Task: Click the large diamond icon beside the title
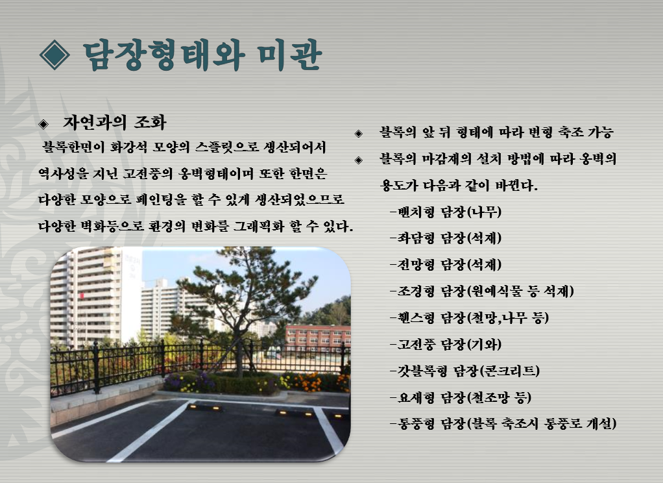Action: coord(54,55)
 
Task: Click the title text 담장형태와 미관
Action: coord(202,55)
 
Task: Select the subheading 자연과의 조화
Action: coord(115,122)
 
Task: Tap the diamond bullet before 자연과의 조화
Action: coord(43,123)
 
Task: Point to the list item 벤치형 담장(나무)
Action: coord(446,211)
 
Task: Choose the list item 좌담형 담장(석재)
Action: coord(446,238)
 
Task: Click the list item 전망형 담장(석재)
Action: coord(446,265)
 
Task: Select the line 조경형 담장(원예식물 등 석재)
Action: coord(482,291)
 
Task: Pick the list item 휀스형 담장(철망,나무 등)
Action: coord(469,317)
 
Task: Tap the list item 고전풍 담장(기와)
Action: coord(446,344)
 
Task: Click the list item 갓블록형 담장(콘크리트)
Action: coord(465,371)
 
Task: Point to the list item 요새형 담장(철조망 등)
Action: coord(461,397)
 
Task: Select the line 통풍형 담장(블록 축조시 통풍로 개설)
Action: coord(503,423)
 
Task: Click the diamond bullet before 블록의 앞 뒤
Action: coord(359,134)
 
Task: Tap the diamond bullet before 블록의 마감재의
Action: coord(359,160)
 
